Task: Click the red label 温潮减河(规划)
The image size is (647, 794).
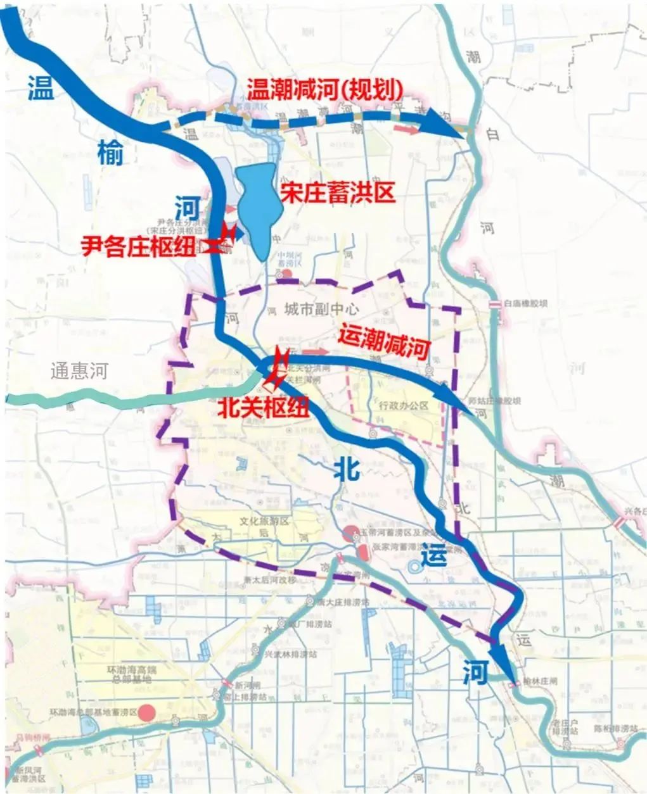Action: [x=324, y=89]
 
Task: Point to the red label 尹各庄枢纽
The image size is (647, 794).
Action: [x=144, y=246]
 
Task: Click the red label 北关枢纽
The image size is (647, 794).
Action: [x=263, y=406]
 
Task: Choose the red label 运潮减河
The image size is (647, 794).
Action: [x=385, y=342]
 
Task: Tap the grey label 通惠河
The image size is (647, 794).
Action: [x=80, y=371]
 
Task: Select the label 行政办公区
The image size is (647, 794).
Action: [x=404, y=405]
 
